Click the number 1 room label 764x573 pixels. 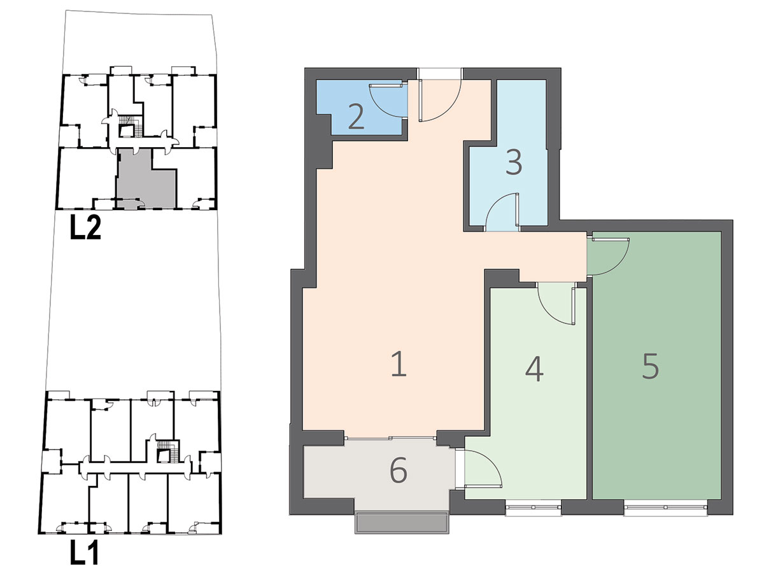(399, 364)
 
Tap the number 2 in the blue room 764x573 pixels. (356, 117)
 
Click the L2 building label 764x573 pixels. (85, 227)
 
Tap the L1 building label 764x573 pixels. (84, 552)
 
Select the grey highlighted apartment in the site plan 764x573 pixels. (146, 179)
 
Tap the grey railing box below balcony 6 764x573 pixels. (402, 523)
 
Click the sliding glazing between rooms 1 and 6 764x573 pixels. (390, 438)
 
